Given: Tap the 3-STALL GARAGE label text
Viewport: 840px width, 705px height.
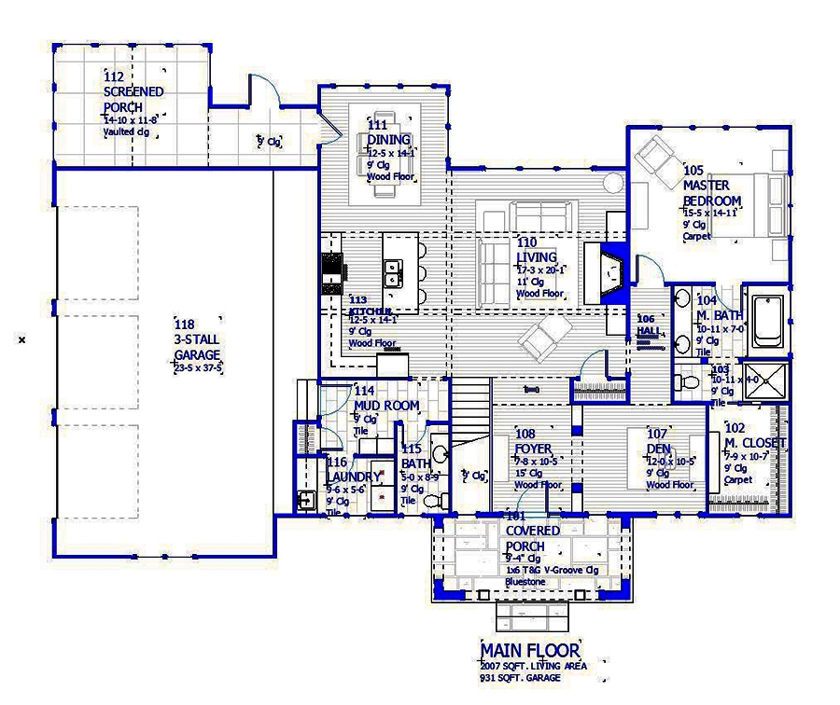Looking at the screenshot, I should point(197,348).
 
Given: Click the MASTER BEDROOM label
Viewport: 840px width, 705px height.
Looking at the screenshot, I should point(711,193).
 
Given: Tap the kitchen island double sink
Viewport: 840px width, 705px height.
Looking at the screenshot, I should point(394,273).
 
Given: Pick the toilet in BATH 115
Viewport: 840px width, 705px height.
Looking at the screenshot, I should point(433,501).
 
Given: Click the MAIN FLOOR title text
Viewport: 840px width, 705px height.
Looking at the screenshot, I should point(530,650).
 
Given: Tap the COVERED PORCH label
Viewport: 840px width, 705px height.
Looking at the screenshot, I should point(532,537).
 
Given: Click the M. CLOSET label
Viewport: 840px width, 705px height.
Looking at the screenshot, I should point(754,442).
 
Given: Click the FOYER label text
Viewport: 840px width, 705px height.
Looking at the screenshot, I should point(532,448).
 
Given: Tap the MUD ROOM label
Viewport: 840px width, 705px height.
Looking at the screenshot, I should point(385,406).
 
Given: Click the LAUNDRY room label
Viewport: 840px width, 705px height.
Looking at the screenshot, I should point(353,476).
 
